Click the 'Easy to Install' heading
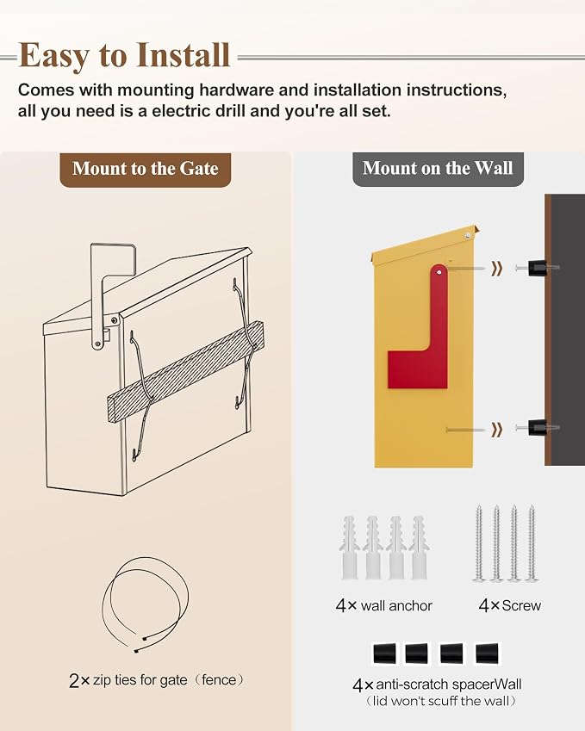[125, 55]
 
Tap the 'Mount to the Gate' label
[145, 169]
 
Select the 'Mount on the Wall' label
[438, 168]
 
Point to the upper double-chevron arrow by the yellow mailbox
[497, 268]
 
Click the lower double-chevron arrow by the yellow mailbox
[497, 430]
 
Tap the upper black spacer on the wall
[537, 268]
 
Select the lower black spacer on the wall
[537, 428]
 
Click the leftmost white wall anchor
[350, 548]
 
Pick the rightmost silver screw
[532, 543]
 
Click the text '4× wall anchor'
[383, 605]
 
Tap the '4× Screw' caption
[509, 605]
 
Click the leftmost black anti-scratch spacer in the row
[384, 654]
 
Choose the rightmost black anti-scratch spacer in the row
[487, 654]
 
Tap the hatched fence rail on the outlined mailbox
[186, 365]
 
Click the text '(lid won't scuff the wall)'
[440, 701]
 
